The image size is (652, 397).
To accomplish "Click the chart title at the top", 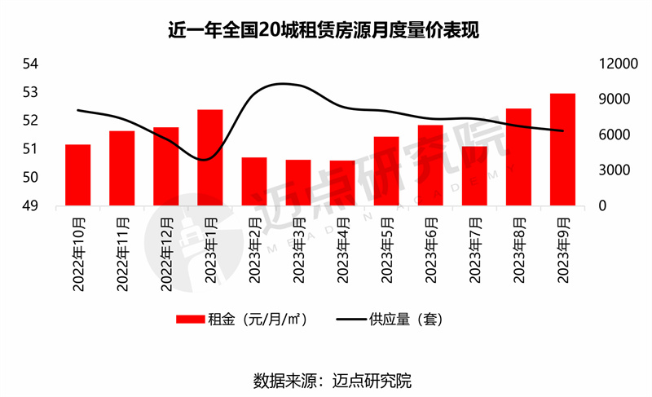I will point(326,31).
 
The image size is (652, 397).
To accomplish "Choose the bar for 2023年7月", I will point(474,175).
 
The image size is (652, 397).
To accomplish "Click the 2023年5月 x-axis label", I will point(387,249).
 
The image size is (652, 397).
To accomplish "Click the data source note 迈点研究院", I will point(326,380).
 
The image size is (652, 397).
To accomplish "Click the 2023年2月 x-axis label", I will point(255,249).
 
